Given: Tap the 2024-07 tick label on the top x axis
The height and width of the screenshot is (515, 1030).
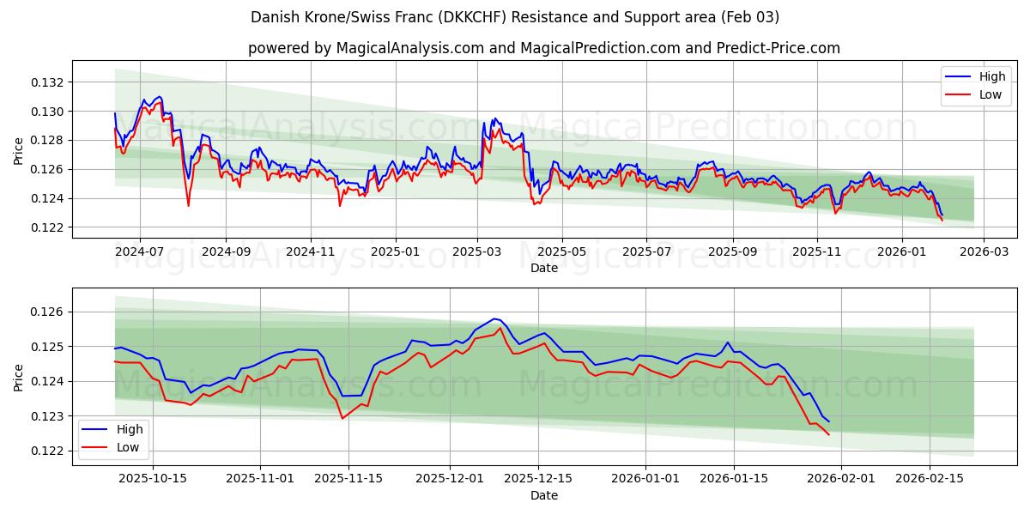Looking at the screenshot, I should [x=139, y=251].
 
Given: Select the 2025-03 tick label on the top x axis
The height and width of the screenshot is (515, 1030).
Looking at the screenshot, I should [x=477, y=251].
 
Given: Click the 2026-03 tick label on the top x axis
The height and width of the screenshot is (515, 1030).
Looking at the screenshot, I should [x=984, y=251].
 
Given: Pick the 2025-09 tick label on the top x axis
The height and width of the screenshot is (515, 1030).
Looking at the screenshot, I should [x=732, y=251].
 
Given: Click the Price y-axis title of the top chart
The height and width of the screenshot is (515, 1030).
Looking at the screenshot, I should [x=19, y=149].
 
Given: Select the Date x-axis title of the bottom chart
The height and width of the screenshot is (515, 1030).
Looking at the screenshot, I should [x=544, y=495].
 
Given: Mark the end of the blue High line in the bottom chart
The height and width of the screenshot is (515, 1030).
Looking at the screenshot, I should [x=828, y=421].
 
